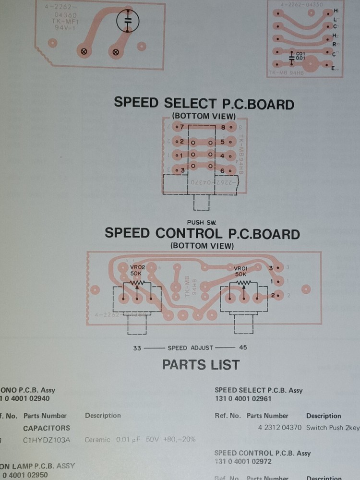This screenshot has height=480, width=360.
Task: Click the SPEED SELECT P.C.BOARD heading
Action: [x=204, y=103]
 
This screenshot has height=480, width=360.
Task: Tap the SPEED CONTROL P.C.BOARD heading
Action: [x=202, y=234]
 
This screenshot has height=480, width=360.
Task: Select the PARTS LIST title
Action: [x=201, y=364]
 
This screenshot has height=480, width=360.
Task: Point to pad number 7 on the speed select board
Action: [x=181, y=127]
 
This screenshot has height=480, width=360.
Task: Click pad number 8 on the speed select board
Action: [x=224, y=127]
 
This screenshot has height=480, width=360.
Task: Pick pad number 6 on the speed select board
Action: [x=223, y=170]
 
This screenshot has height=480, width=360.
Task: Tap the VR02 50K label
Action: [x=136, y=270]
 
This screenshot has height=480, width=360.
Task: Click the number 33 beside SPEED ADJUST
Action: [x=137, y=348]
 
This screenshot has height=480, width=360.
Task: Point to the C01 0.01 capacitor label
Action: [x=300, y=56]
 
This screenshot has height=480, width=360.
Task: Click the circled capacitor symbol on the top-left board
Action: [x=127, y=21]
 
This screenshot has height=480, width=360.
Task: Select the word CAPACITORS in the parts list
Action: [x=47, y=428]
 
